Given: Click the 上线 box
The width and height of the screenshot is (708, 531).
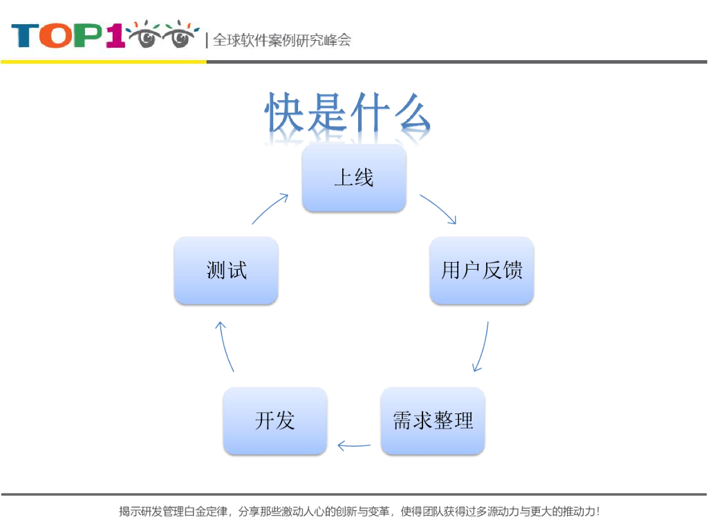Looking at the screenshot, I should coord(354,178).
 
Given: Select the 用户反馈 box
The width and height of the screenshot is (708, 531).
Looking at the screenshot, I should coord(481,270).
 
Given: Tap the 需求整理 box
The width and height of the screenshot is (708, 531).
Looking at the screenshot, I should coord(433,420).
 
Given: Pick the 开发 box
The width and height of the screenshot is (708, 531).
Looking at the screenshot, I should coord(274,420).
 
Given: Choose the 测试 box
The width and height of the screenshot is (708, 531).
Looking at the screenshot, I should coord(226,270).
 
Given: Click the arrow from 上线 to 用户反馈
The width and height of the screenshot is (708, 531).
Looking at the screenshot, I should coord(438,209).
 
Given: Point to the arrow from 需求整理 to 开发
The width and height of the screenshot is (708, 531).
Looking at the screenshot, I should coord(354,446).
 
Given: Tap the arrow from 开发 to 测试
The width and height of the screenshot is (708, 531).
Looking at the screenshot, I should coord(225,346).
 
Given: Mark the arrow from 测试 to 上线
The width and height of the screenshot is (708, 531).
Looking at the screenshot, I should coord(270,208).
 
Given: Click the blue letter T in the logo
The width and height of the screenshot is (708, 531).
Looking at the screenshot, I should coord(25,36).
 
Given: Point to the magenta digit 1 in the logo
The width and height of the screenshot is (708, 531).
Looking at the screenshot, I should coord(115,36).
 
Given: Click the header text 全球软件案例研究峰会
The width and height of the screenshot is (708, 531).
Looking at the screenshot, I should coord(281,40).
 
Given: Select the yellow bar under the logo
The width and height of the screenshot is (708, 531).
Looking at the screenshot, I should coord(104,62).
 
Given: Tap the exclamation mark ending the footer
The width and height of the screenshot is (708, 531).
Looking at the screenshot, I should coord(597,512).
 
